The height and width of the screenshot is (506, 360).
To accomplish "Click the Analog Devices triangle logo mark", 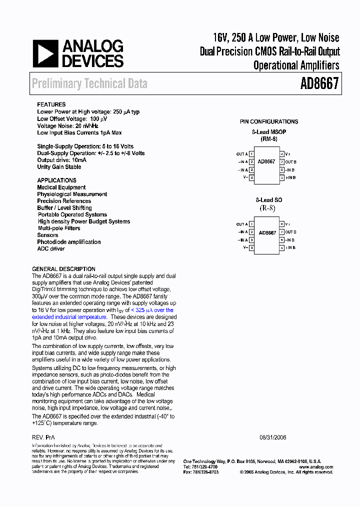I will tap(45, 54).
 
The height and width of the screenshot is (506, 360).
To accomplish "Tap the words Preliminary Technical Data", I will tap(89, 83).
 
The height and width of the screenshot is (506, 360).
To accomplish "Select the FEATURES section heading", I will tap(51, 105).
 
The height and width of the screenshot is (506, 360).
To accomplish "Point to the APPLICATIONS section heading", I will tap(56, 180).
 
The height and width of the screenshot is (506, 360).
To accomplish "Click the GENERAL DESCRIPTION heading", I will tap(63, 269).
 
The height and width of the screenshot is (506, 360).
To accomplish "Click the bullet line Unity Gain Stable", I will tap(59, 167).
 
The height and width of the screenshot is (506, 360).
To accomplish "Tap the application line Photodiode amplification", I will tap(69, 242).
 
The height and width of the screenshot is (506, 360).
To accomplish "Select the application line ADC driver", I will tap(51, 248).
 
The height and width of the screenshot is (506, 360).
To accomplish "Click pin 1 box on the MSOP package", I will tap(251, 154).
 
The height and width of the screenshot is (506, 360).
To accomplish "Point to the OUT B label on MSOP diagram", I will tap(291, 162).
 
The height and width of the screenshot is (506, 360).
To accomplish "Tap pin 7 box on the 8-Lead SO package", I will tap(282, 232).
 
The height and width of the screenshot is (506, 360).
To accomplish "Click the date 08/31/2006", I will tap(273, 437).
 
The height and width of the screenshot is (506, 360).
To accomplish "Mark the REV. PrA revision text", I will tap(43, 437).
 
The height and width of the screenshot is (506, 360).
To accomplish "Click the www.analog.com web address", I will tap(316, 467).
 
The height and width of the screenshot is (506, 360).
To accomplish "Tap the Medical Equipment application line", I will tap(61, 187).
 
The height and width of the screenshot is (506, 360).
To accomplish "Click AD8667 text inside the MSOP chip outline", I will tap(266, 162).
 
